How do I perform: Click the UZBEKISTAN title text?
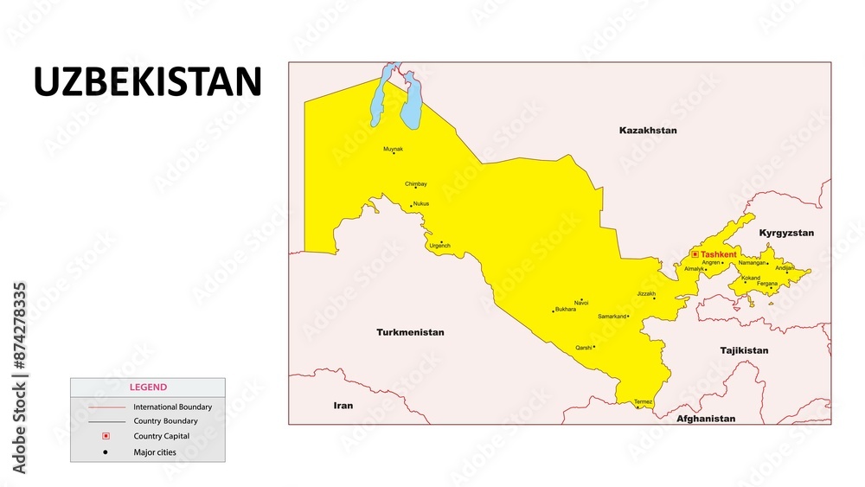point(147,82)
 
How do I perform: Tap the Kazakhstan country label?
point(648,131)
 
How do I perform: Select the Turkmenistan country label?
point(410,332)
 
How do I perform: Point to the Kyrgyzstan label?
point(786,234)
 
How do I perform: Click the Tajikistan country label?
point(744,350)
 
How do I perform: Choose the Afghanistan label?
point(706,419)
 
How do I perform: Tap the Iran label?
point(343,405)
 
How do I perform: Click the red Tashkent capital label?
point(719,254)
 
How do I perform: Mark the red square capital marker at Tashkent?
point(695,254)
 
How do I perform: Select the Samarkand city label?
point(612,317)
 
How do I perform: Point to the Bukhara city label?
point(566,309)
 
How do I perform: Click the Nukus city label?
point(420,203)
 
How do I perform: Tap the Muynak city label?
point(393,149)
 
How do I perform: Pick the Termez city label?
point(643,401)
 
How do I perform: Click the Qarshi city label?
point(584,348)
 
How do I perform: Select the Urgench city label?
point(439,246)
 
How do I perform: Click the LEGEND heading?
point(148,388)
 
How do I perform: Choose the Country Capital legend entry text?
point(161,436)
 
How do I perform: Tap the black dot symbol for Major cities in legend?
point(106,452)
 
